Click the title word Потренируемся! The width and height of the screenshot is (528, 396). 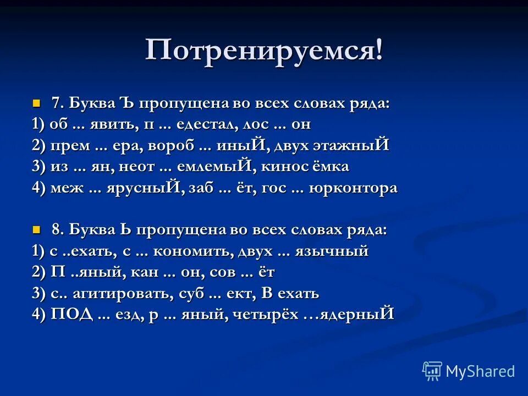pyautogui.click(x=264, y=51)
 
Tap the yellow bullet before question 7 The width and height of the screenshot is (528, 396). pyautogui.click(x=37, y=103)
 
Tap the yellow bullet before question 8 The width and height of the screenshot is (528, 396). pyautogui.click(x=37, y=229)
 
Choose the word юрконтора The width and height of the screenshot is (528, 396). pyautogui.click(x=353, y=188)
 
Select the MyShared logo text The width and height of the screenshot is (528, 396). pyautogui.click(x=480, y=371)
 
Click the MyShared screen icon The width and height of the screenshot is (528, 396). pyautogui.click(x=432, y=371)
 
